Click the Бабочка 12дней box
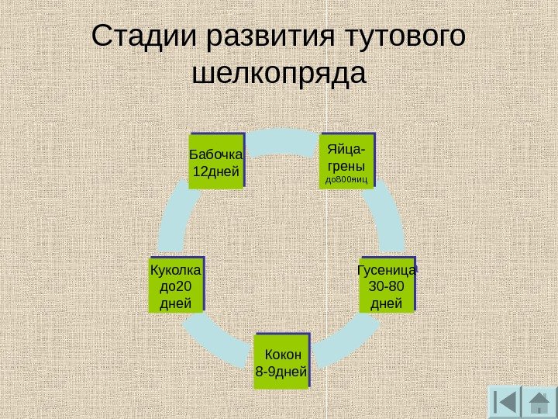click(x=216, y=161)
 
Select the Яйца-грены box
click(x=346, y=162)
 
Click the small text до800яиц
click(x=346, y=180)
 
